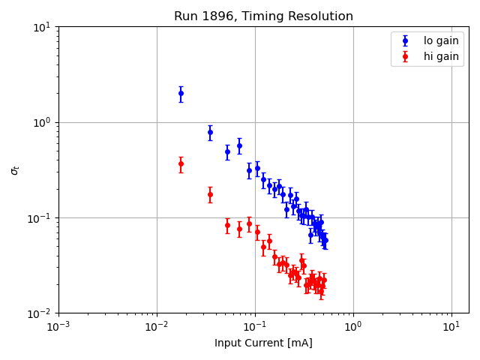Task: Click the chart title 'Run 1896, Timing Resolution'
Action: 263,16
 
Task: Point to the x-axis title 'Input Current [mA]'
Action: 263,343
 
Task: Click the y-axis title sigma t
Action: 15,170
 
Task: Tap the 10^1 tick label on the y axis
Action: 42,27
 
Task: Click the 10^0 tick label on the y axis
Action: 42,122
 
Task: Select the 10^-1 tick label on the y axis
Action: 40,218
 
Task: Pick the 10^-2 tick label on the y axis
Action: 40,313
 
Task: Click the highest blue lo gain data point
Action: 181,94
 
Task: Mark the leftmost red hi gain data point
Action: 181,163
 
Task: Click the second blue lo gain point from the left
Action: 210,132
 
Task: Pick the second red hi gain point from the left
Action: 210,194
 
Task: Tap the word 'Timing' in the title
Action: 273,16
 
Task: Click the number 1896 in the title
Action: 216,16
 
